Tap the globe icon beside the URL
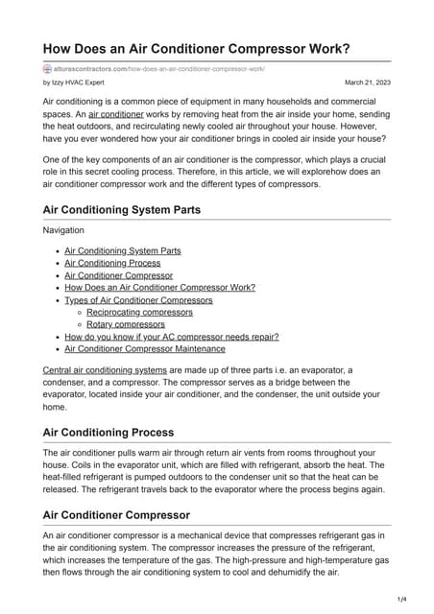tap(48, 69)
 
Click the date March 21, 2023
tap(368, 83)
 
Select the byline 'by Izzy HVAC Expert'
tap(77, 83)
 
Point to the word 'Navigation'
tap(64, 231)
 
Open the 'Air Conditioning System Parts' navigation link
tap(122, 250)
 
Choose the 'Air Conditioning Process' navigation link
tap(112, 263)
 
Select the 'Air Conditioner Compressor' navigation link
tap(118, 275)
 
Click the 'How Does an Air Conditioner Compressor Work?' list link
tap(159, 288)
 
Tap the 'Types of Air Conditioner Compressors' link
tap(138, 300)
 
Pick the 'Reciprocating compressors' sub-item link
tap(139, 313)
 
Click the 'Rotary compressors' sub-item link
tap(126, 324)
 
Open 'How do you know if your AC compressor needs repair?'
tap(172, 337)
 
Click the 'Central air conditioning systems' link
tap(105, 369)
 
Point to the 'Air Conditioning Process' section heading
tap(108, 432)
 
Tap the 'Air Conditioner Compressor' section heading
tap(116, 515)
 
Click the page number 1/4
tap(400, 600)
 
